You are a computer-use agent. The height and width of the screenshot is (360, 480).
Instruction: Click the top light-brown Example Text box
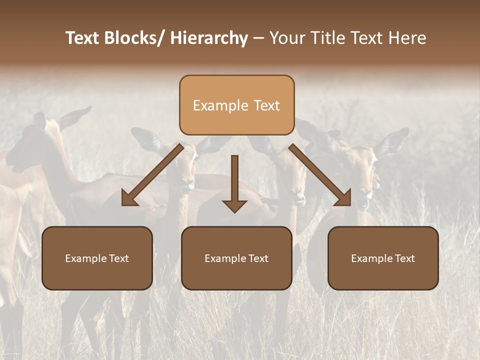coord(236,105)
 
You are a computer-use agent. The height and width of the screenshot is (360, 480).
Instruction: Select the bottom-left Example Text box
coord(97,258)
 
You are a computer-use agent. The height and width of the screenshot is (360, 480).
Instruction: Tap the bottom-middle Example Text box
coord(236,258)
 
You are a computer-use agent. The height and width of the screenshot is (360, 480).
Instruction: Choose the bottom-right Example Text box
coord(383,258)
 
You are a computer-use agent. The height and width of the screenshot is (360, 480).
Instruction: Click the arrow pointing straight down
coord(234,182)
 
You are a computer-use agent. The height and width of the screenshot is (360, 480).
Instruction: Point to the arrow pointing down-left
coord(152,175)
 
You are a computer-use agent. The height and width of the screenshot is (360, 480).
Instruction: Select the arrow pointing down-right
coord(320,175)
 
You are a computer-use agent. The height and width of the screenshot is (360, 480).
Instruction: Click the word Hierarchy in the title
coord(209,38)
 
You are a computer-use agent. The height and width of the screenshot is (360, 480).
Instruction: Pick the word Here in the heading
coord(407,38)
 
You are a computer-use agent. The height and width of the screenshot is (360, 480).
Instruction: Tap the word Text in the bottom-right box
coord(404,258)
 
